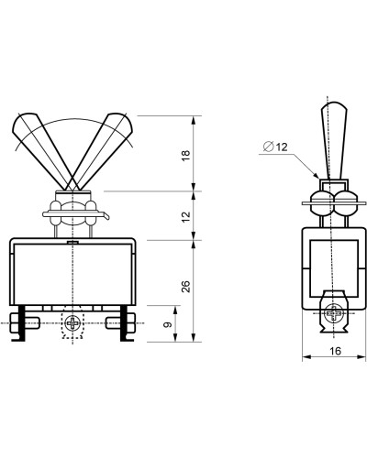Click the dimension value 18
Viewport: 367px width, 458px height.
185,156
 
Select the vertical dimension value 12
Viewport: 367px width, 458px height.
185,216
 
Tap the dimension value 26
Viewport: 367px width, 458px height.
185,287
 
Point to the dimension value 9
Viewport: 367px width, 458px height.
168,324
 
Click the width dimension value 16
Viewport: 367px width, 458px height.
336,351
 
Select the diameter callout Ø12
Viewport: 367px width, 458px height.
275,147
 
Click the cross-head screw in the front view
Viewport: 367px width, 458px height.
72,323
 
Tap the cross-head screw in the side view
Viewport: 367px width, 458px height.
334,312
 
